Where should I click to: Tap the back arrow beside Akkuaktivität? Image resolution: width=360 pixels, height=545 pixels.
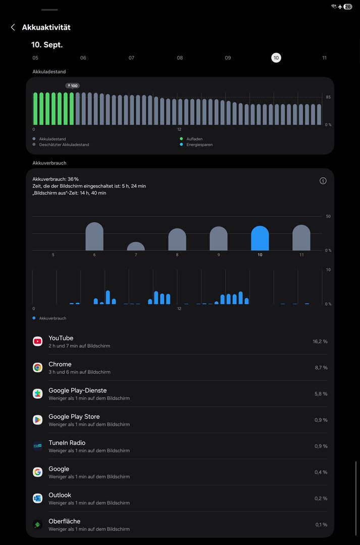tap(13, 27)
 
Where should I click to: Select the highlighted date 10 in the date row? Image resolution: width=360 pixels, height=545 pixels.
tap(276, 58)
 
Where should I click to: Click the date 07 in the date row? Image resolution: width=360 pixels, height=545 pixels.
tap(131, 58)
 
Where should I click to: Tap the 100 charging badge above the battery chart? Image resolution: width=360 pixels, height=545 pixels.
tap(73, 86)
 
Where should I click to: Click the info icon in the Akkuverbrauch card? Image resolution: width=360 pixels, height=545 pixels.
tap(323, 181)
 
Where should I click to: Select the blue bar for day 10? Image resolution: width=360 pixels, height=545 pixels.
tap(260, 239)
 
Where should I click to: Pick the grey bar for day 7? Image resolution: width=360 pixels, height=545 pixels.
tap(136, 247)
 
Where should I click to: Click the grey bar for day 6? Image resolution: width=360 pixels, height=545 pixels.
tap(94, 237)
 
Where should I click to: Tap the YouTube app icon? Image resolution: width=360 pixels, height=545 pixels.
tap(37, 341)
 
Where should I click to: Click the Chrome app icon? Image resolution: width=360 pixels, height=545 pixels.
tap(37, 367)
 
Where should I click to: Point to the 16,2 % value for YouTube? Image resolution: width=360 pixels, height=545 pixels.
tap(320, 342)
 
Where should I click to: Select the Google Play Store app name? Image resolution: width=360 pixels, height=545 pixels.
tap(74, 416)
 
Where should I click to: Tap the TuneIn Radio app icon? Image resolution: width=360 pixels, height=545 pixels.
tap(37, 446)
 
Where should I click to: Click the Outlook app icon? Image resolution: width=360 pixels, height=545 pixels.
tap(37, 498)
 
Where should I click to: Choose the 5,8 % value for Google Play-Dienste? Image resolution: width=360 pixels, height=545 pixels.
tap(321, 394)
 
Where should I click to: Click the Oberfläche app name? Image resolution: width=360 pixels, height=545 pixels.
tap(64, 521)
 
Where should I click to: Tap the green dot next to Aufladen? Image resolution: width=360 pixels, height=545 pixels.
tap(181, 139)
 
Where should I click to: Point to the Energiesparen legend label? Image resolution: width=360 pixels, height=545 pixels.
tap(200, 145)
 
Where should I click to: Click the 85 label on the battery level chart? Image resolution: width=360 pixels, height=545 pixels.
tap(328, 97)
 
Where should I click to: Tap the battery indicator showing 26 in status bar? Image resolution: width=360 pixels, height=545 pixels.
tap(348, 7)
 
